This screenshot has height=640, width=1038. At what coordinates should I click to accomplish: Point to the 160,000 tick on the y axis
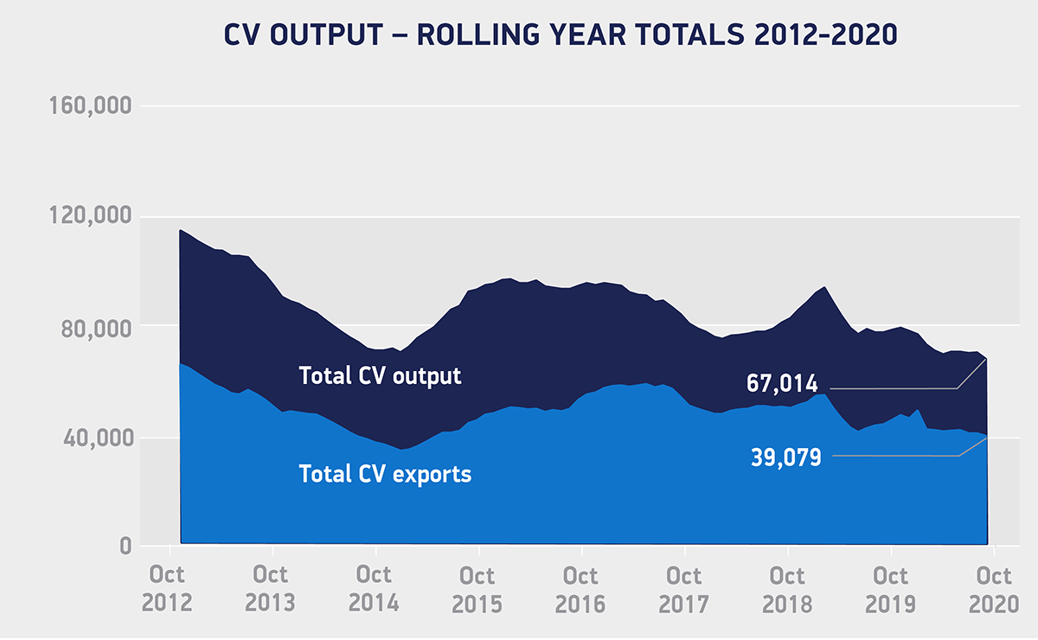pyautogui.click(x=86, y=107)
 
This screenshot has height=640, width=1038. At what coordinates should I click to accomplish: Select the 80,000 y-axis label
pyautogui.click(x=91, y=329)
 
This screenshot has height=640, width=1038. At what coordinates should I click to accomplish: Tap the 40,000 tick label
pyautogui.click(x=91, y=438)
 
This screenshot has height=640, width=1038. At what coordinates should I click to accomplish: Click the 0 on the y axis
pyautogui.click(x=125, y=547)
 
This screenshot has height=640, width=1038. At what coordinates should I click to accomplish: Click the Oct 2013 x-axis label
pyautogui.click(x=272, y=589)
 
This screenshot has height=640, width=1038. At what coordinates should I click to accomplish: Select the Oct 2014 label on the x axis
pyautogui.click(x=375, y=589)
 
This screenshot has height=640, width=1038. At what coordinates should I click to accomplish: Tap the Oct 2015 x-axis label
pyautogui.click(x=477, y=589)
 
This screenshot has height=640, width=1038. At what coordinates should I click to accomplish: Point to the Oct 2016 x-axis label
pyautogui.click(x=581, y=589)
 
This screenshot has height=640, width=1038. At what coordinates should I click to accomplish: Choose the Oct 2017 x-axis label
pyautogui.click(x=684, y=589)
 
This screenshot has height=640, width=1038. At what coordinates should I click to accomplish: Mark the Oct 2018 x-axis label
pyautogui.click(x=787, y=589)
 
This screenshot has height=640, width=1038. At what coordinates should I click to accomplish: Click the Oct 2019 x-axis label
pyautogui.click(x=891, y=589)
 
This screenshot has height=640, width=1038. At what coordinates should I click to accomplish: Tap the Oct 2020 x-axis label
pyautogui.click(x=994, y=589)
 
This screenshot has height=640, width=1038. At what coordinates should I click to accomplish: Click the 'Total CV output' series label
pyautogui.click(x=380, y=376)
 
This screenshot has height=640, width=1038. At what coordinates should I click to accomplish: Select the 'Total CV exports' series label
pyautogui.click(x=385, y=474)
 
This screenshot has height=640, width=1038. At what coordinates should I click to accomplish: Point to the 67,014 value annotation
pyautogui.click(x=783, y=384)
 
